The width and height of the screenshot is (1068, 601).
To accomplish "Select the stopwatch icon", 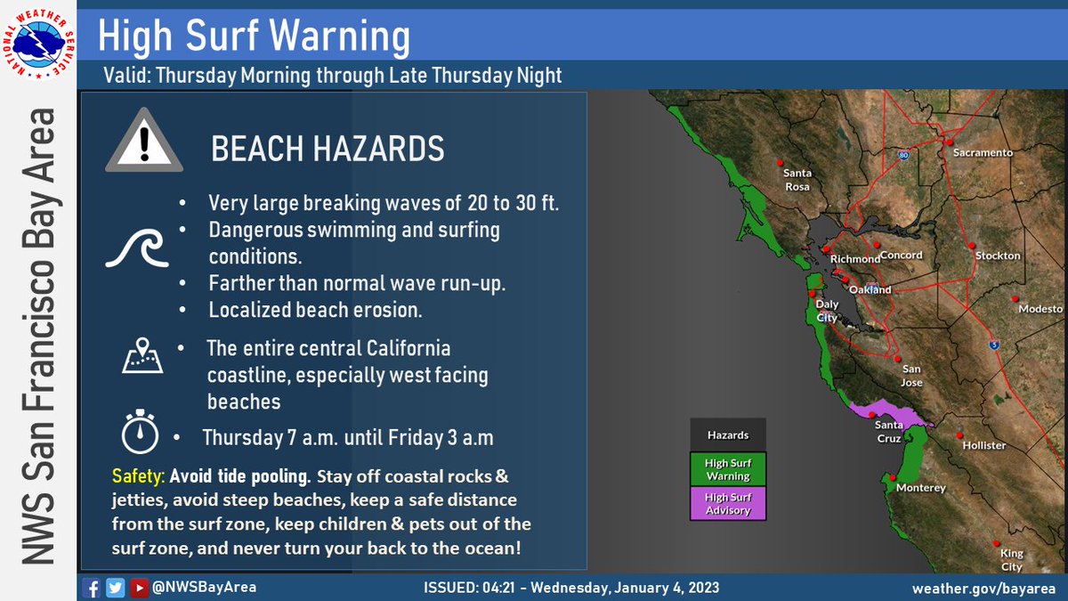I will coord(140,432).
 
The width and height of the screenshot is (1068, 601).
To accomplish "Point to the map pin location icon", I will coord(142,356).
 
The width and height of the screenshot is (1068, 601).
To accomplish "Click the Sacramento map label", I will coord(983,152).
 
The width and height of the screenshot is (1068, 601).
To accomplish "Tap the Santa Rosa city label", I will coord(797,179).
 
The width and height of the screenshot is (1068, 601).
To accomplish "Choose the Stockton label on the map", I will coord(998,256).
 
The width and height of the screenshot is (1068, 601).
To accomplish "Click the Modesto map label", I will coord(1040,308).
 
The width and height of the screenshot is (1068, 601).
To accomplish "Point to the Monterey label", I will coord(920,488).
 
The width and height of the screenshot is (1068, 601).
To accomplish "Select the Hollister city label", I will coord(984,444).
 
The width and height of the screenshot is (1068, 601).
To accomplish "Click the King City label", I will coord(1011,559).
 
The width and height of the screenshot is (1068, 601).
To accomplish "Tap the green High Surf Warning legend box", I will coord(728,469).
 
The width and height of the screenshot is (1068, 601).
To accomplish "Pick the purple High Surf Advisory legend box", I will coord(728,504).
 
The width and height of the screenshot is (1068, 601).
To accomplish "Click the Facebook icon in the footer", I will coord(90,588).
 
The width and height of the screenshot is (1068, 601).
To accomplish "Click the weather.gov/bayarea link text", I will coord(983,589).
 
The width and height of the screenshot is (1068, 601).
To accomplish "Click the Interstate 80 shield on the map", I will coord(903,154).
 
